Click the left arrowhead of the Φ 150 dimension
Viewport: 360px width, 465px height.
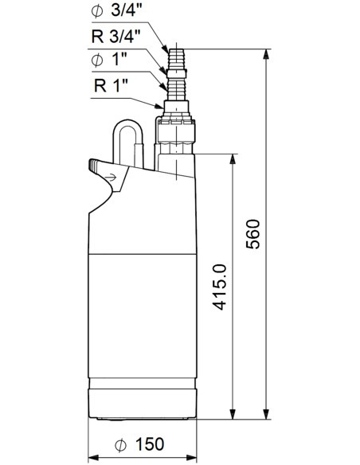90,455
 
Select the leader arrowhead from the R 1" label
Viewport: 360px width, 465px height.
162,106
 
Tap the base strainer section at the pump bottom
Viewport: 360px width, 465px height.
141,402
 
